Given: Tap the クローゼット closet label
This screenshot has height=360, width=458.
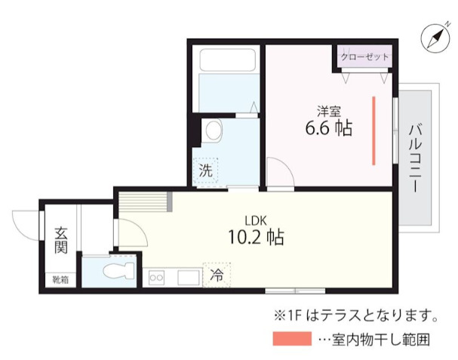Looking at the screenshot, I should [365, 57].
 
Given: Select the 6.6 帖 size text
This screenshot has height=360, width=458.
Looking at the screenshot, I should [328, 128].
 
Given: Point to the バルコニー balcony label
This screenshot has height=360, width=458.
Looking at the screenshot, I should [415, 158].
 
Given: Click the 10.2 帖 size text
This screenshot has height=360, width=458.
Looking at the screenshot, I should [256, 237].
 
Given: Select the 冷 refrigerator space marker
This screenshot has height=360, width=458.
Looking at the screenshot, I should [217, 275].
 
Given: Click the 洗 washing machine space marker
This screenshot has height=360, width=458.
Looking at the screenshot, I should [205, 171].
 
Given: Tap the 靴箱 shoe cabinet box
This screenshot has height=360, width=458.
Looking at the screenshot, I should [60, 280].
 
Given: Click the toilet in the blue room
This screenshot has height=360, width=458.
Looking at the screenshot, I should [115, 271].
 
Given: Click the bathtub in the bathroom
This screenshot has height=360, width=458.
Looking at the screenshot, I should [224, 80].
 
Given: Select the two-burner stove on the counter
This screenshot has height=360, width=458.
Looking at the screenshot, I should [158, 277].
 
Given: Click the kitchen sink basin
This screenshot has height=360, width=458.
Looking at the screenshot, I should [186, 277].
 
